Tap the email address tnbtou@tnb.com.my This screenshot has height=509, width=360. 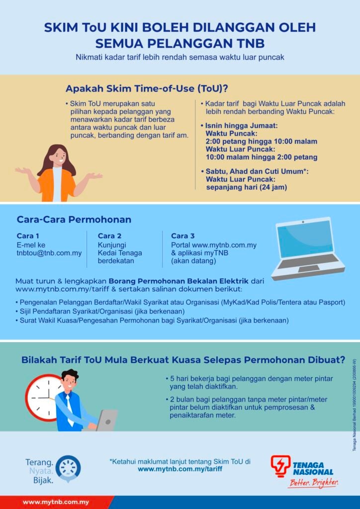click(49, 253)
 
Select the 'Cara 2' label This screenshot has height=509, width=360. click(109, 236)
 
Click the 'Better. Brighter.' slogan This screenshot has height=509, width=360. click(313, 483)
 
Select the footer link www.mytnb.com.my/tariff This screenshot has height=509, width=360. click(180, 469)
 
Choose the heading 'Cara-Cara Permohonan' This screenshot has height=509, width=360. click(74, 220)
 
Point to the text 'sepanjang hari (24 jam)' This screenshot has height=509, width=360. click(247, 187)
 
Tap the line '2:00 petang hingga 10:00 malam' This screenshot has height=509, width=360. click(262, 142)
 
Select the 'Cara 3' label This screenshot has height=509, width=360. click(183, 236)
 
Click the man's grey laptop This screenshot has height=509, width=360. click(106, 421)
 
